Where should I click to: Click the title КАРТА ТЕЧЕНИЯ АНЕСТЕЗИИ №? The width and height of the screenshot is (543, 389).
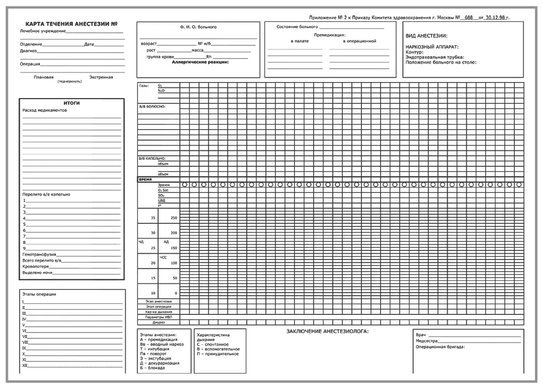point(72,25)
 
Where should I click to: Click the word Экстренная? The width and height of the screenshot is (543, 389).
point(101,77)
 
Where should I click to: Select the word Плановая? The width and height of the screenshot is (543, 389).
point(44,77)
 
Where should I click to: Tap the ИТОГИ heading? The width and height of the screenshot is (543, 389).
point(72,103)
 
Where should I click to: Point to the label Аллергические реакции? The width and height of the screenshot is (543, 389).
point(200,62)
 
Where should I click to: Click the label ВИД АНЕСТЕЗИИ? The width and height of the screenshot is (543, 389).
point(426,36)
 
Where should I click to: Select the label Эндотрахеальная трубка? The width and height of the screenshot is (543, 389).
point(434,58)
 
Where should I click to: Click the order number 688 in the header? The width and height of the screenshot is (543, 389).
point(468,18)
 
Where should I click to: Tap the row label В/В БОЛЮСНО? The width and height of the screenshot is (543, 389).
point(152,107)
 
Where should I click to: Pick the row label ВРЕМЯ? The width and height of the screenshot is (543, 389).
point(145,180)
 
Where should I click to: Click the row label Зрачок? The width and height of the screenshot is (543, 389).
point(164,185)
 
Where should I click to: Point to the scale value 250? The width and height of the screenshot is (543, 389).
point(174,218)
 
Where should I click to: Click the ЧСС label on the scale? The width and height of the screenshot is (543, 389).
point(163,257)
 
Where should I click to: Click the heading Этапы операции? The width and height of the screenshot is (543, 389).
point(39,294)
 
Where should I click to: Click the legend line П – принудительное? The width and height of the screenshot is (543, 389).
point(218,354)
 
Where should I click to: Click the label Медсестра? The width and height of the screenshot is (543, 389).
point(427,341)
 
